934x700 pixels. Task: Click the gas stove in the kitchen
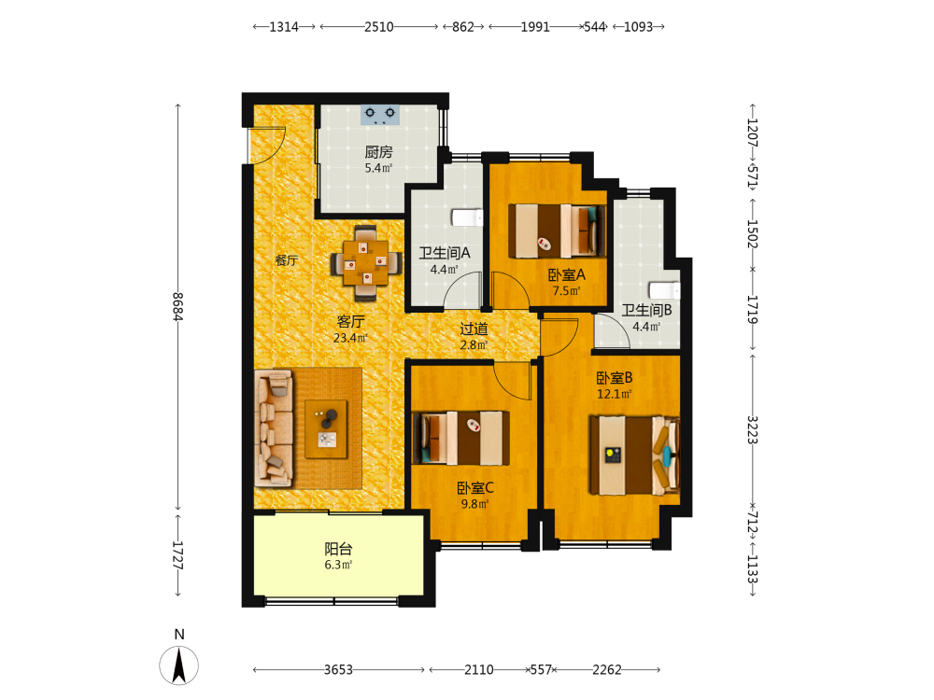(x=379, y=114)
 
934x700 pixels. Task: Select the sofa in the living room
(x=274, y=428)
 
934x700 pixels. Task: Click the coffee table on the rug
(x=326, y=428)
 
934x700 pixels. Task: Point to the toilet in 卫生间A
(x=466, y=217)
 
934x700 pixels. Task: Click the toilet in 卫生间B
(x=664, y=290)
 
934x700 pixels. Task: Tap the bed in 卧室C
(x=461, y=438)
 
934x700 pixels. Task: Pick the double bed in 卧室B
(x=634, y=455)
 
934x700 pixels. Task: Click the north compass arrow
(x=178, y=665)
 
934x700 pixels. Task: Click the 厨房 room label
(x=379, y=152)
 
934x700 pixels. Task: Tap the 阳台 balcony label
(x=338, y=549)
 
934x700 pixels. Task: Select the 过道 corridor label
(x=474, y=329)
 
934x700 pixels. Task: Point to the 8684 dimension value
(x=177, y=306)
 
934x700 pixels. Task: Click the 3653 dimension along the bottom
(x=338, y=669)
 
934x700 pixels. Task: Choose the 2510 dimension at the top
(x=379, y=27)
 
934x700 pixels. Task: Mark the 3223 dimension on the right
(x=753, y=429)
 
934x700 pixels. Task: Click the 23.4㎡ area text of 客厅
(x=350, y=338)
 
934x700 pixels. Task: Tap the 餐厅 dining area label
(x=287, y=260)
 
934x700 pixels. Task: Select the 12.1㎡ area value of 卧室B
(x=615, y=394)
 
